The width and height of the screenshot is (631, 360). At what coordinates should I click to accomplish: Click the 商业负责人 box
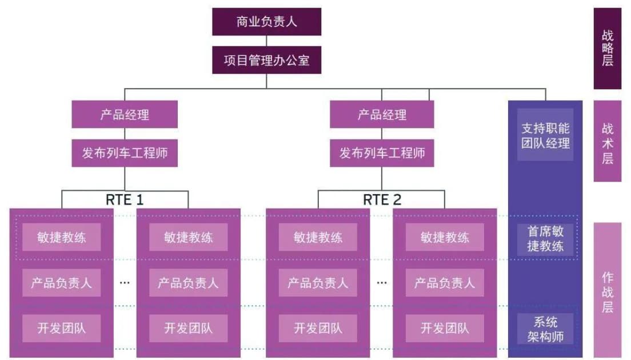pos(266,22)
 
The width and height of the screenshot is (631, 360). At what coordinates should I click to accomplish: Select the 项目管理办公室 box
pos(266,60)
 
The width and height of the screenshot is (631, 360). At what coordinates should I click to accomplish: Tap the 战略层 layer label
pos(607,48)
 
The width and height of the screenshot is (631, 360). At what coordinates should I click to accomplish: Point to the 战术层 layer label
pos(607,141)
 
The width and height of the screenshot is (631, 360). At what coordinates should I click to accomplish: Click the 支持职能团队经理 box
pos(545,135)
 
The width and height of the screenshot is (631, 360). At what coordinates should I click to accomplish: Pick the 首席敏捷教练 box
pos(545,238)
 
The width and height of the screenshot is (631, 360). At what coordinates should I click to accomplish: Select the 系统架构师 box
pos(545,329)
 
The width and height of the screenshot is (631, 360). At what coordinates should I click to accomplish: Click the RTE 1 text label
pos(125,199)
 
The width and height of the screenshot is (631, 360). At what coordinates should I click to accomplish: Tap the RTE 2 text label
pos(382,199)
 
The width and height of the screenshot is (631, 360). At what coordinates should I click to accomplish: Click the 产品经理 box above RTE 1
pos(125,114)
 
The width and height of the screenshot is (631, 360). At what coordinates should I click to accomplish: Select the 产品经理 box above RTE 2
pos(382,114)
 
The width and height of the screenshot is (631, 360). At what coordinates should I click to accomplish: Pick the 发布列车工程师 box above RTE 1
pos(125,153)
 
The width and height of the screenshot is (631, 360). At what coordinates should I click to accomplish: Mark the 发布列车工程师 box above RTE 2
pos(382,153)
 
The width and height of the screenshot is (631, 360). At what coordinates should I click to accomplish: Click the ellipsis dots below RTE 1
pos(125,282)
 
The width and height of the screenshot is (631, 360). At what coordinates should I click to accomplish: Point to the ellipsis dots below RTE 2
pos(382,282)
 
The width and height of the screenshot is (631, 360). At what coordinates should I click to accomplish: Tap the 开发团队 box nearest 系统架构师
pos(445,328)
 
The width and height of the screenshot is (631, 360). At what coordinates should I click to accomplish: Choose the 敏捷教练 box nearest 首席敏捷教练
pos(445,237)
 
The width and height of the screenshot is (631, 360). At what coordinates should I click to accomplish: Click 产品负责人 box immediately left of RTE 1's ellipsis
pos(61,282)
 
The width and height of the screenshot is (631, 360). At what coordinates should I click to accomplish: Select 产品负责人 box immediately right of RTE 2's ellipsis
pos(445,282)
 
